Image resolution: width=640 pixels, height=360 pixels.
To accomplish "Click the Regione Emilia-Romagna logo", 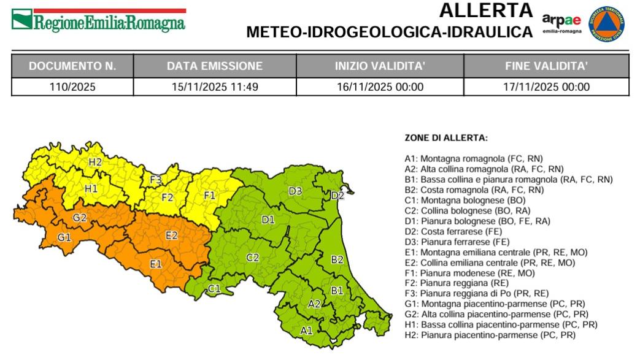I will click(x=99, y=20).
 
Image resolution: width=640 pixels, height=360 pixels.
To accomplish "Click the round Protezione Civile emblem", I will click(x=607, y=25).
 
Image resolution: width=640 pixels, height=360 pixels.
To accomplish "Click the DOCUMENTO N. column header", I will click(x=72, y=66).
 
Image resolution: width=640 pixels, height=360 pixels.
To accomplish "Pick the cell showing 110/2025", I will click(x=72, y=86).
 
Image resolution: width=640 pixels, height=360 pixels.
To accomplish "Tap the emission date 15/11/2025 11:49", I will click(x=215, y=86).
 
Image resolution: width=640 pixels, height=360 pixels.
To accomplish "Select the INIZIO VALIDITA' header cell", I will click(x=380, y=66).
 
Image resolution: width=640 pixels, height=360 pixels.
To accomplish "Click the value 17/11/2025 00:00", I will click(x=546, y=86).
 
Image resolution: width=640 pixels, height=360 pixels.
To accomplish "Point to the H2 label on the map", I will click(x=95, y=163).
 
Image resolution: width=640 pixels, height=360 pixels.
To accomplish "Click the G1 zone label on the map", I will click(x=64, y=237).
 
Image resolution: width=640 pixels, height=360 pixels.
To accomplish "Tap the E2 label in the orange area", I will click(x=172, y=235).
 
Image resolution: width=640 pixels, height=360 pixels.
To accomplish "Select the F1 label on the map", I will click(x=210, y=196).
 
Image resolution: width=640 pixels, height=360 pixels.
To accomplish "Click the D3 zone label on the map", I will click(x=295, y=191).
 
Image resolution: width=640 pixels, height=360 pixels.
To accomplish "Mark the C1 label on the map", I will click(x=214, y=288).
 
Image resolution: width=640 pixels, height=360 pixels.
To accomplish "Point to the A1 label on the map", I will click(x=306, y=330).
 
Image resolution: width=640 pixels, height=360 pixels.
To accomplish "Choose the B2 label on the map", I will click(x=337, y=259).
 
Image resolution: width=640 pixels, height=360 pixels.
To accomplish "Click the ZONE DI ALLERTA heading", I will click(x=446, y=139).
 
